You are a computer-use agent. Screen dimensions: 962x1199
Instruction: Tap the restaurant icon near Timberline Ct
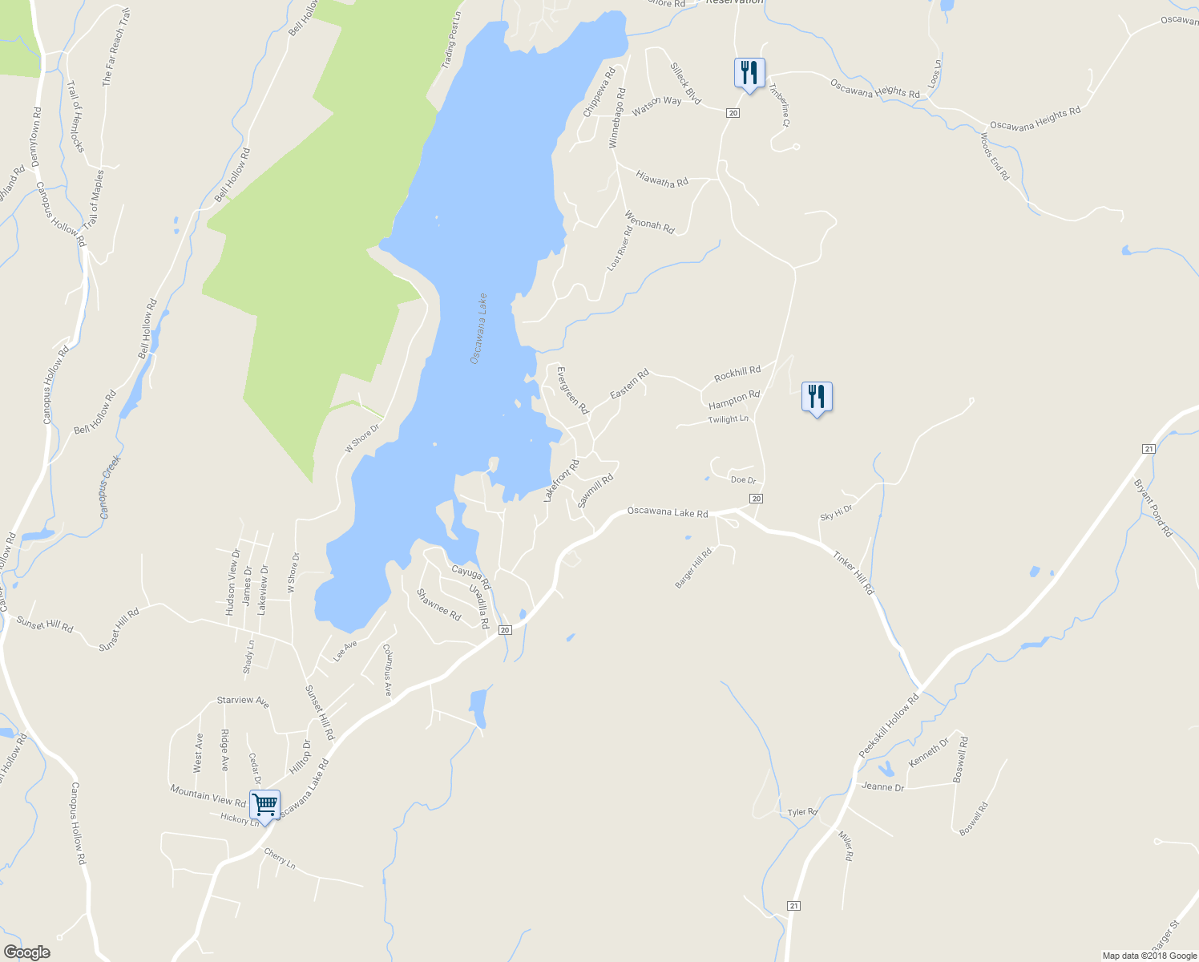click(x=749, y=74)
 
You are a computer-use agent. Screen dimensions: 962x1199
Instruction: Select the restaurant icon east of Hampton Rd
click(x=817, y=397)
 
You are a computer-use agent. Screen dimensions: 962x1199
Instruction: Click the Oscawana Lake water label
click(x=478, y=329)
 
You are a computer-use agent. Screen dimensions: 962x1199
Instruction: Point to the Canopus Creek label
click(x=111, y=487)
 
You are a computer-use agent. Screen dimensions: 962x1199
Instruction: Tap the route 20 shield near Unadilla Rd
click(x=505, y=630)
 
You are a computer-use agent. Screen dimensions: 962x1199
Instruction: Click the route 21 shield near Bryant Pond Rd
click(x=1149, y=449)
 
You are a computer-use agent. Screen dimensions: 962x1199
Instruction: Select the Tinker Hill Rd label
click(x=853, y=572)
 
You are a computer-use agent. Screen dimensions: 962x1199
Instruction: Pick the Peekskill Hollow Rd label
click(x=889, y=727)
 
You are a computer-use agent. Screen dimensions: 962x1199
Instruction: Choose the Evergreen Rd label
click(x=572, y=390)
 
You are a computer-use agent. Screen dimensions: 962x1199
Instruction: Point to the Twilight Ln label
click(x=728, y=419)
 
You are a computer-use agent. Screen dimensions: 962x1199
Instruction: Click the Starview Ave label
click(x=243, y=701)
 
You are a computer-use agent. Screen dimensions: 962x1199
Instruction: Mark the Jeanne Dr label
click(x=882, y=787)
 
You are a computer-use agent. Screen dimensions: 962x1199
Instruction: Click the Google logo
click(x=26, y=952)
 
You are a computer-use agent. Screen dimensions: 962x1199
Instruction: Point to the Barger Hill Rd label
click(x=693, y=568)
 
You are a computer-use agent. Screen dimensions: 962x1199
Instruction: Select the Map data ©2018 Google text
click(x=1149, y=956)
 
